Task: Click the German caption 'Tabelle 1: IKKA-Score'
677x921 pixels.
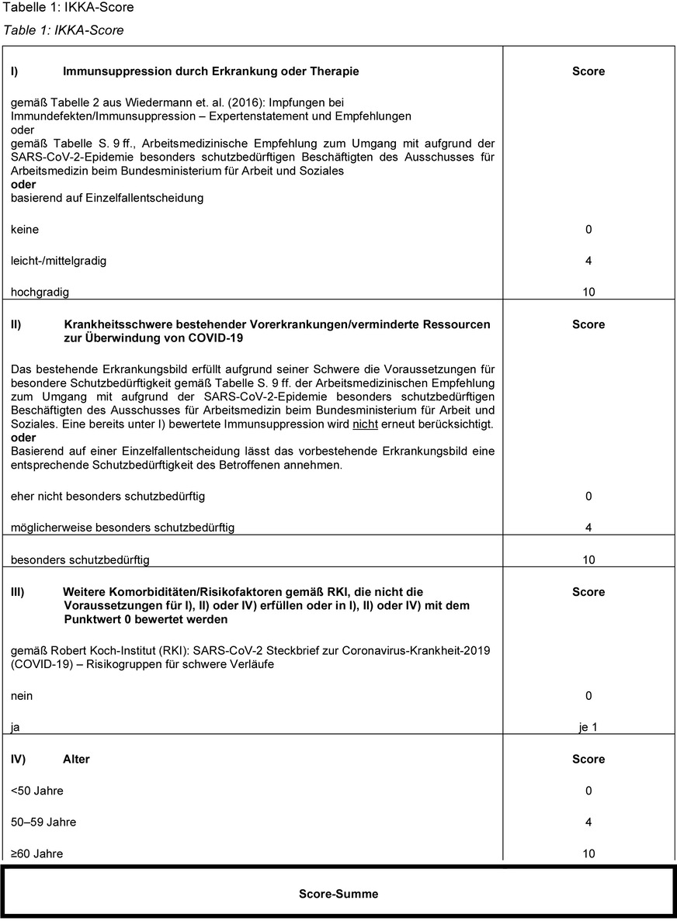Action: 69,8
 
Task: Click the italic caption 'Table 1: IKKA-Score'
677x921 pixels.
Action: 64,30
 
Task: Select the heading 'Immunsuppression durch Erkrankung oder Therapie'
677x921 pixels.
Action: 210,71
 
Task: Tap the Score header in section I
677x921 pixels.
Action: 588,71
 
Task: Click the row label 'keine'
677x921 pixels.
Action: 25,230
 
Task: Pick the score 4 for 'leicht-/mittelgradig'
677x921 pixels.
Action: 588,261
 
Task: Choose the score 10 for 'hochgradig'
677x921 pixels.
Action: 588,293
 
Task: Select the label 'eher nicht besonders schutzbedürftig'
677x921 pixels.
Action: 108,496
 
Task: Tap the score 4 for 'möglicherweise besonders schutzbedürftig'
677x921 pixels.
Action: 588,528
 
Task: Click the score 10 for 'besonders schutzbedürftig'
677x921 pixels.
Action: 588,559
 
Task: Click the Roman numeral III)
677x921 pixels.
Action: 18,592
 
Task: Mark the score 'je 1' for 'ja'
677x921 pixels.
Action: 588,728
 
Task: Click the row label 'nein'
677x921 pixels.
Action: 23,696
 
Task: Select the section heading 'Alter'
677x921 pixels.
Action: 76,759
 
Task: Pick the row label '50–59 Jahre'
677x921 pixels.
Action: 43,822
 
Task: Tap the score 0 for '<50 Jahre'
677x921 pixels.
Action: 588,791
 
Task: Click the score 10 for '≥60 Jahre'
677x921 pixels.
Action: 588,854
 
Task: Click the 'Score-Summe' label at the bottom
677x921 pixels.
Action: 338,894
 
